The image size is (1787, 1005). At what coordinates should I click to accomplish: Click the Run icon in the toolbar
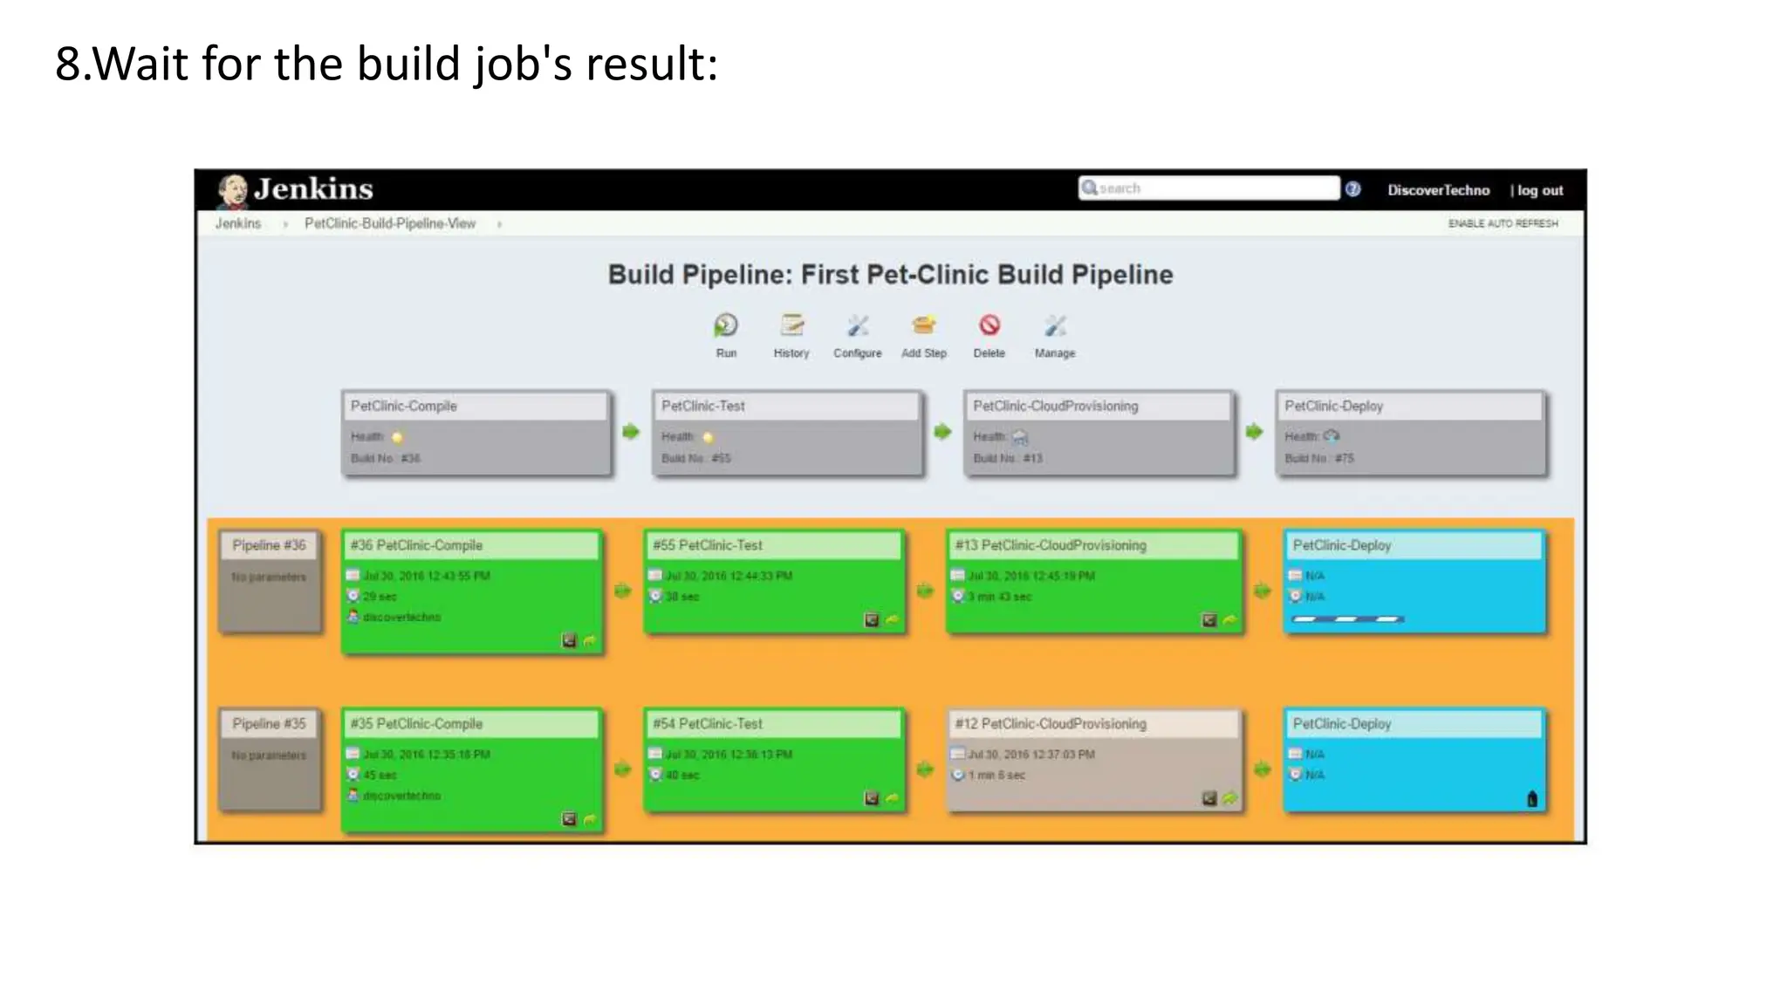click(x=726, y=326)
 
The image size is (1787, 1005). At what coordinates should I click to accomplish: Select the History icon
click(x=791, y=326)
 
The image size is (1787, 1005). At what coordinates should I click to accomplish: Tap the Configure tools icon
click(x=858, y=326)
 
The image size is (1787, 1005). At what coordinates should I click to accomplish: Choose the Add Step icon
click(x=923, y=326)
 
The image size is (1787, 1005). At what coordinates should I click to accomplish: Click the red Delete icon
click(x=989, y=325)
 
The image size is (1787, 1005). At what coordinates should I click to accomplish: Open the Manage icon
click(x=1055, y=326)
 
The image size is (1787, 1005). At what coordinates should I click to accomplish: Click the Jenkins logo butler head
click(x=233, y=190)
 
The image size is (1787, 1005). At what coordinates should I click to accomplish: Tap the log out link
click(x=1539, y=190)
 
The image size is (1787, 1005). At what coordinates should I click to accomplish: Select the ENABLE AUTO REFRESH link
click(x=1503, y=223)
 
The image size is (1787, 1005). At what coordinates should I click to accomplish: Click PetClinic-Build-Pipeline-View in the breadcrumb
click(x=390, y=223)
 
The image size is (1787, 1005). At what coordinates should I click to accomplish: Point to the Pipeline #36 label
click(x=269, y=545)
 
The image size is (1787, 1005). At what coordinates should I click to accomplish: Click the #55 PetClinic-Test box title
click(x=708, y=545)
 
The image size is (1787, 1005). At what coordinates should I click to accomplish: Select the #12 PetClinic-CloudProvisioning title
click(x=1051, y=724)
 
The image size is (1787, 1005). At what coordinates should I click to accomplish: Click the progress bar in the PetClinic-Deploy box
click(x=1347, y=619)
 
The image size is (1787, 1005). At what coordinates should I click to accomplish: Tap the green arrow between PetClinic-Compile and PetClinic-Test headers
click(x=631, y=432)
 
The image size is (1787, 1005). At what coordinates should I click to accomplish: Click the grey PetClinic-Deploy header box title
click(x=1333, y=407)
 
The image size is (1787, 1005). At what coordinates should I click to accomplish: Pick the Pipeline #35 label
click(x=269, y=724)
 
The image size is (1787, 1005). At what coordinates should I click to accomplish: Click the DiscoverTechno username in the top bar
click(x=1438, y=190)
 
